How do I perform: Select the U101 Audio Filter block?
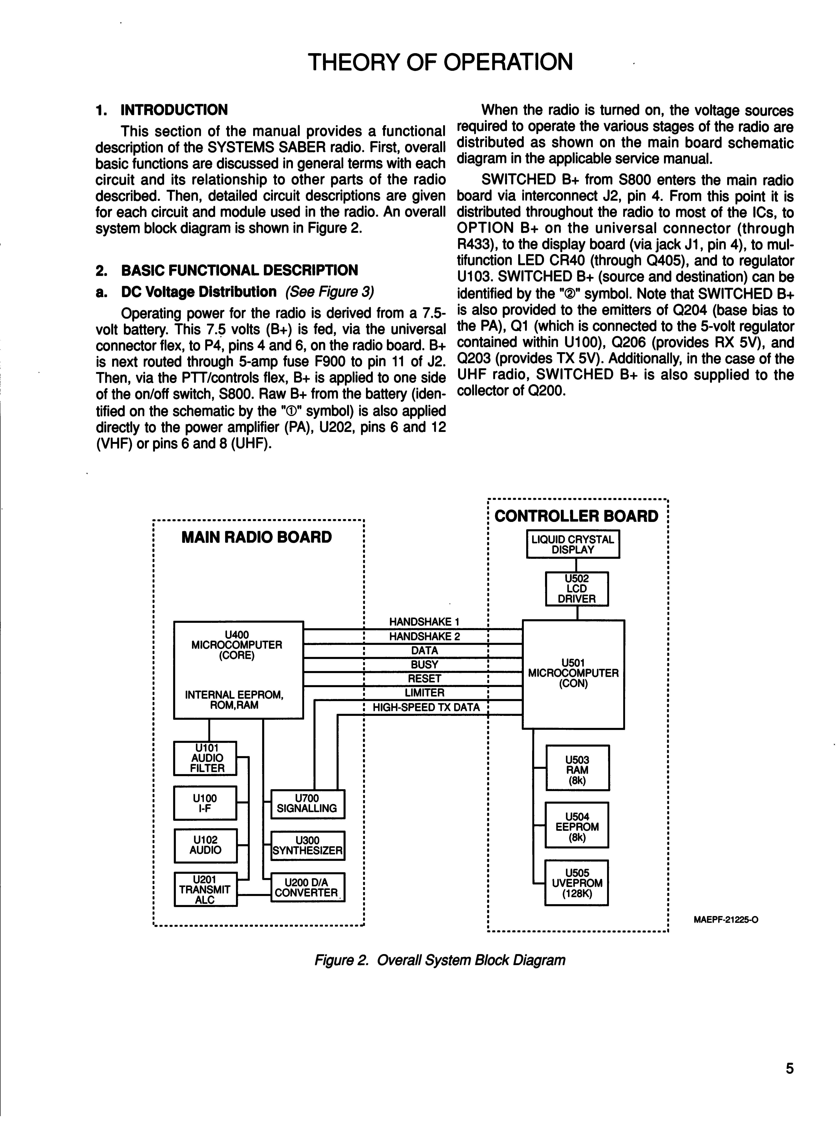(205, 758)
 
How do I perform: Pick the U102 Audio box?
(205, 846)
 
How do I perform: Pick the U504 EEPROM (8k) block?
(576, 824)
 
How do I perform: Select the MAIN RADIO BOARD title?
(256, 537)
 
